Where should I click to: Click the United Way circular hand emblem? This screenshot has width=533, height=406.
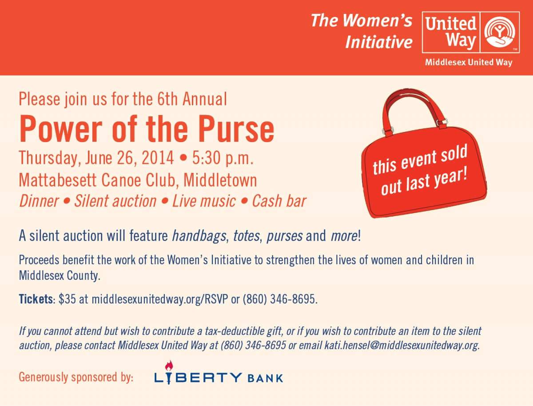coord(499,32)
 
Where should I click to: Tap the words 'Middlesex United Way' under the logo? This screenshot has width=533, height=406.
coord(469,62)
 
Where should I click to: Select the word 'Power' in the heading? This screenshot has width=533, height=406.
coord(61,129)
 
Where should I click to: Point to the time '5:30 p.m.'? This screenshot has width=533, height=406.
coord(223,158)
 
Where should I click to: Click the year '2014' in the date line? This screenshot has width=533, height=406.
coord(158,158)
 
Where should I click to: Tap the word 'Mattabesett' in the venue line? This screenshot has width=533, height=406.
coord(58,180)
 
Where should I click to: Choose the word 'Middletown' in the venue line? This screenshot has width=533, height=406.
coord(220,180)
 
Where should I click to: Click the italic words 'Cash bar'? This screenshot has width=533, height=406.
coord(279,201)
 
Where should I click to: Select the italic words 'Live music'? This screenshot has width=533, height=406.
coord(204,201)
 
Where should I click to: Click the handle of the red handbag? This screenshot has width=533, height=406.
coord(413,97)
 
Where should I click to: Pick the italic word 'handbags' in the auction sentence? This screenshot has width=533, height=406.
coord(199,236)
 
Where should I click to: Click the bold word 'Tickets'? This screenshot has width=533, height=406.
coord(36,299)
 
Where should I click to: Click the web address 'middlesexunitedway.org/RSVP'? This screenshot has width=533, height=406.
coord(160,299)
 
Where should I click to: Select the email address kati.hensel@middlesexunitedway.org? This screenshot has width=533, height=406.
coord(402,346)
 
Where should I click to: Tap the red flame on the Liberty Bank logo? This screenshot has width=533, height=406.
coord(169,366)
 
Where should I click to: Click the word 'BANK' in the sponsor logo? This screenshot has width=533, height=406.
coord(265,378)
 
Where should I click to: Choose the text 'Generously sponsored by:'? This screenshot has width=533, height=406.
coord(76,377)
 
